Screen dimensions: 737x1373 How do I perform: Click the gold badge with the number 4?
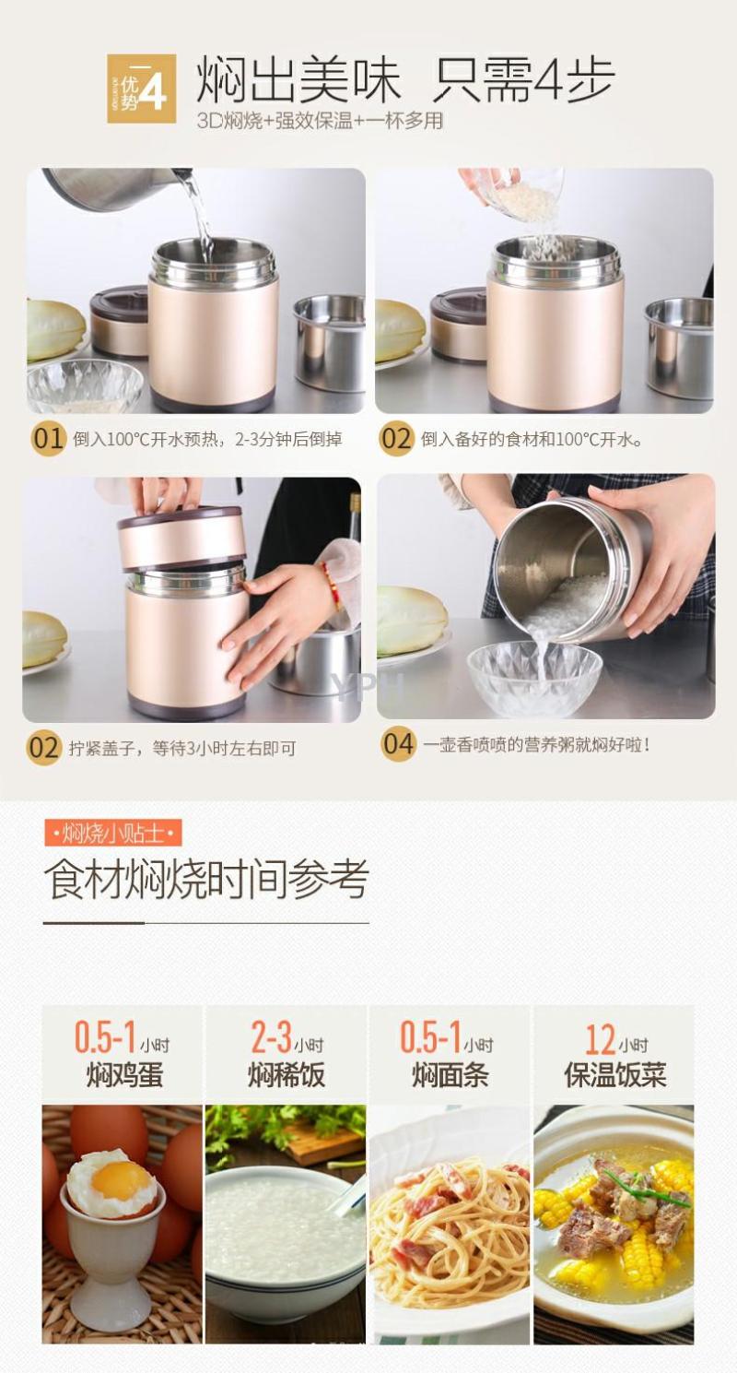[142, 89]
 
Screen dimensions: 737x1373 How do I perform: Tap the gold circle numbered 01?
[49, 439]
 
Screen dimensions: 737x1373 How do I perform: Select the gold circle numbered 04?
[398, 744]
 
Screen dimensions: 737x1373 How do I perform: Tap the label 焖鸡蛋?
[124, 1074]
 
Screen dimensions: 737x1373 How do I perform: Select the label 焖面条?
[450, 1074]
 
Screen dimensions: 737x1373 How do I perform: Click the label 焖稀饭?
[287, 1074]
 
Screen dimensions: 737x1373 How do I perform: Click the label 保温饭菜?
[615, 1074]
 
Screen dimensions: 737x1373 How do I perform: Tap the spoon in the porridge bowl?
[347, 1195]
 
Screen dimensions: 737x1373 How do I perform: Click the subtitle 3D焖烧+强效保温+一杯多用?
[319, 121]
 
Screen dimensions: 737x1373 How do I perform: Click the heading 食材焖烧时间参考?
[206, 881]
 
